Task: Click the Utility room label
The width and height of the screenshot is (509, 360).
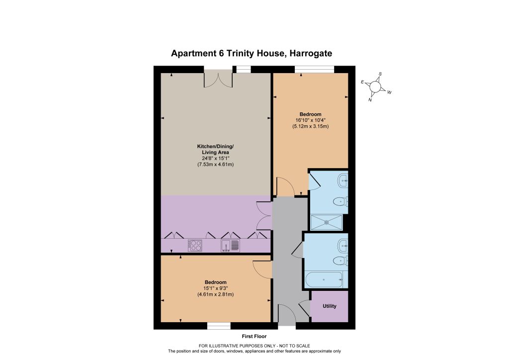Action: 329,306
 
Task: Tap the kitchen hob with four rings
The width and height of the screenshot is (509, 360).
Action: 195,246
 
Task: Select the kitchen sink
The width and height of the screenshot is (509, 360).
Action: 230,246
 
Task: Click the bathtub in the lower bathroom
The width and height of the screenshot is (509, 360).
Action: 324,280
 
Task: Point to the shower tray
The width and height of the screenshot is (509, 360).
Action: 327,222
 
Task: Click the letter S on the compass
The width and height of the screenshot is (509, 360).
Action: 380,74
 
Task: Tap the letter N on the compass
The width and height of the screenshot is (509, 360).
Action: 370,100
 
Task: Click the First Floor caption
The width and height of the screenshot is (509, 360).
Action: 254,336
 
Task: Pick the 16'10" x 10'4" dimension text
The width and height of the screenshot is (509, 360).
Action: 310,120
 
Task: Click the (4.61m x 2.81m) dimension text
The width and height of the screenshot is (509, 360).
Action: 216,294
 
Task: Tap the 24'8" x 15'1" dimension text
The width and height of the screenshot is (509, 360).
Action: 216,159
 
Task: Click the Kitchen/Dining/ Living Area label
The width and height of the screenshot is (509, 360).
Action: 216,149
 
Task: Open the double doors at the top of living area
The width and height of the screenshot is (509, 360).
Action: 218,80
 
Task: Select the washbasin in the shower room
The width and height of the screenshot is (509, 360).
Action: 343,180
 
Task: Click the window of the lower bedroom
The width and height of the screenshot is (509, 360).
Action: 219,326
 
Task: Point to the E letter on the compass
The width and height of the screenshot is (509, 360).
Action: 362,82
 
